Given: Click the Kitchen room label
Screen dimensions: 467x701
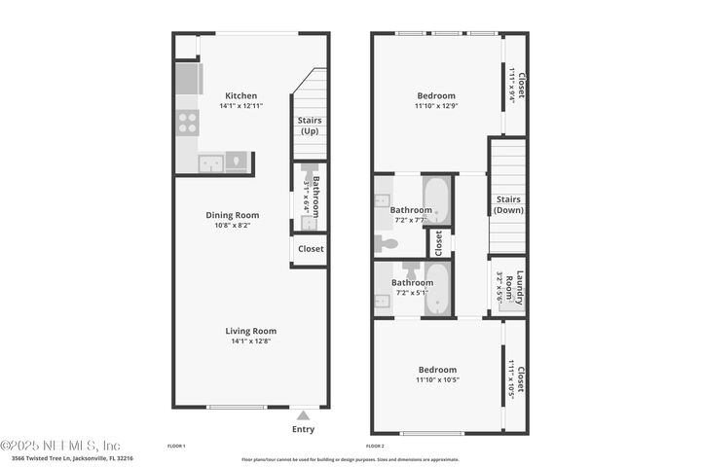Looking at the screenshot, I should pos(241,95).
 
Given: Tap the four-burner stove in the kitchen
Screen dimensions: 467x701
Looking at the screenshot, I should pos(187,123).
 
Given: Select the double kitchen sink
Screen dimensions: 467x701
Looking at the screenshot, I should pos(211,162).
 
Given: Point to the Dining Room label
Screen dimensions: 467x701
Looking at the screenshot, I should pos(232,215).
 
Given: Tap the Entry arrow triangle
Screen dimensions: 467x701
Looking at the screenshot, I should pos(303,415).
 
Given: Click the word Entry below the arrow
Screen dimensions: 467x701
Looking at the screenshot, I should pos(303,429).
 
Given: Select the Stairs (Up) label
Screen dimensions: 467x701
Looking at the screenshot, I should pos(310,126).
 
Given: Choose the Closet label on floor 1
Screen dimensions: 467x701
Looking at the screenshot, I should pos(311,249).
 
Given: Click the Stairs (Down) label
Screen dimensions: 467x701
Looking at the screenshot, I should pos(508,205).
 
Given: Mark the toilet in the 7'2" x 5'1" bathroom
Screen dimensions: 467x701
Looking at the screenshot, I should pos(410,268).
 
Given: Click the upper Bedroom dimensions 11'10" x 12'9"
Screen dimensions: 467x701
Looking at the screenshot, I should pos(436,106).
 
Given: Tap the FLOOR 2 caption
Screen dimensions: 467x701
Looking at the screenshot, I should pos(388,446).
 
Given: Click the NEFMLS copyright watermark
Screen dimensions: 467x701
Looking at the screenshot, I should pos(60,445).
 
